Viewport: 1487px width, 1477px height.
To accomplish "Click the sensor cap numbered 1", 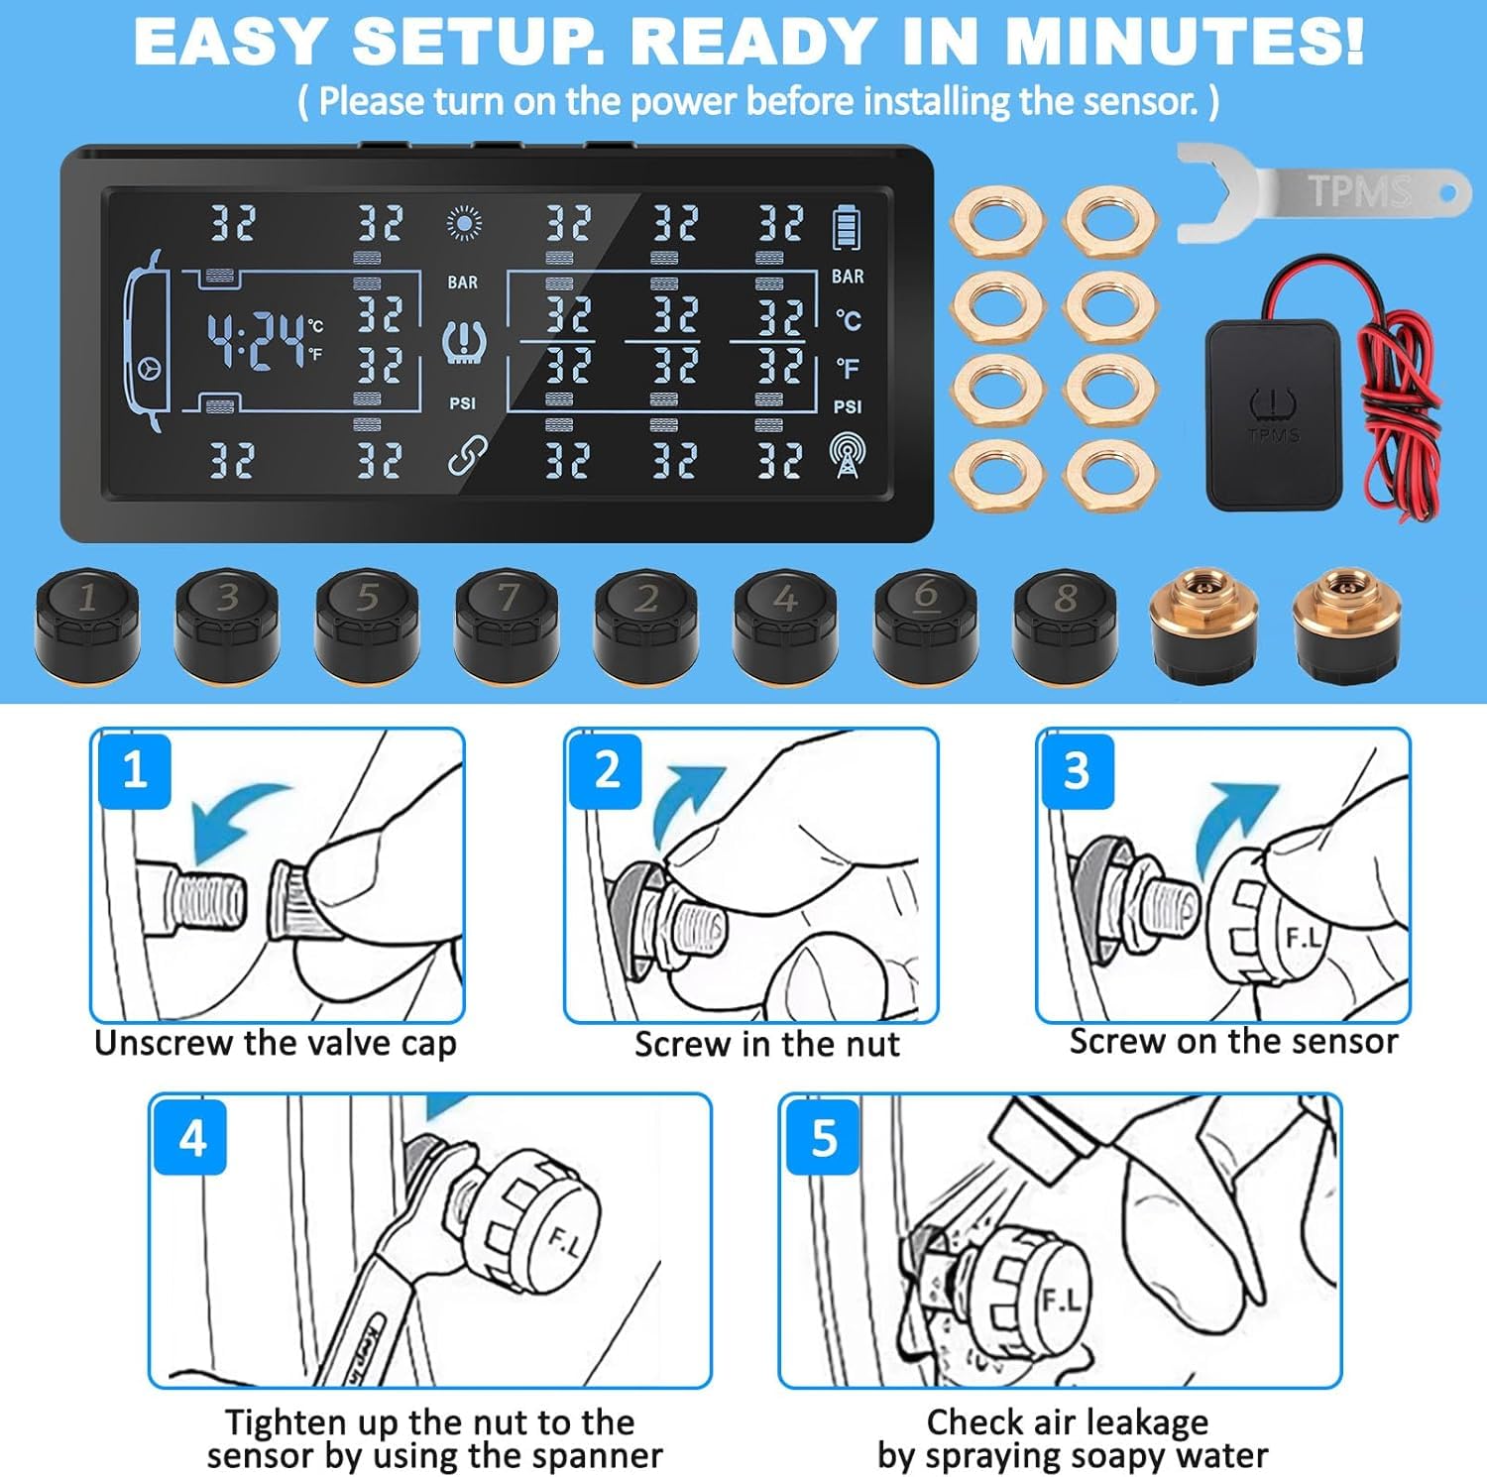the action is pyautogui.click(x=87, y=625).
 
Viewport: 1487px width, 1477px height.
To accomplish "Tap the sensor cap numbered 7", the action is pyautogui.click(x=507, y=625).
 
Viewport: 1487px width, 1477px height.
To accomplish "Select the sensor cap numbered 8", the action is pyautogui.click(x=1066, y=625).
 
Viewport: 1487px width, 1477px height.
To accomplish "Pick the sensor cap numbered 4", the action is pyautogui.click(x=786, y=625).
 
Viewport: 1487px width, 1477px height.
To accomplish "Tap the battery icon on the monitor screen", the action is pyautogui.click(x=846, y=226).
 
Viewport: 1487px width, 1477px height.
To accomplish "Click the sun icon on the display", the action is pyautogui.click(x=464, y=224).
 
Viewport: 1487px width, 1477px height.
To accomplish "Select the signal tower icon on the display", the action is pyautogui.click(x=847, y=455).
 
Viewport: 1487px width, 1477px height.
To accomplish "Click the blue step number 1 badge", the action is pyautogui.click(x=135, y=770).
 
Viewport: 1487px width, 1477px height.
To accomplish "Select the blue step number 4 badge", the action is pyautogui.click(x=191, y=1138).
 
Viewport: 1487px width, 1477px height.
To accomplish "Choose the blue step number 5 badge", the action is pyautogui.click(x=823, y=1138).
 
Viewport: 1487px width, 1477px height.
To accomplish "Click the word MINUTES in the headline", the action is pyautogui.click(x=1185, y=42).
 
